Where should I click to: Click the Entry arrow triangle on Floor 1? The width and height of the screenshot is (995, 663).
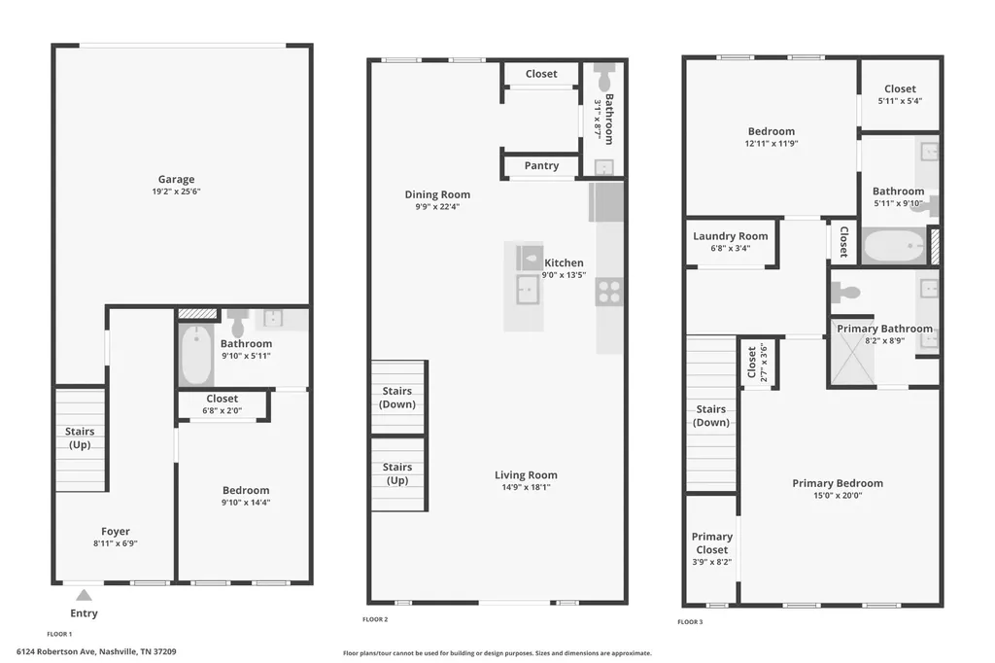click(84, 595)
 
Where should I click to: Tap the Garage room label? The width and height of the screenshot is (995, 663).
click(177, 179)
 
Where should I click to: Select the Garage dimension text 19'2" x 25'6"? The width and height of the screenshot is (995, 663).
click(177, 192)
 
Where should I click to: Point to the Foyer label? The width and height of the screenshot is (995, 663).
click(116, 532)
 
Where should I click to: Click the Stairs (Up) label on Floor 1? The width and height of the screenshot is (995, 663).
click(80, 438)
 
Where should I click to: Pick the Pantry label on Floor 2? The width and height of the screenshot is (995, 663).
click(541, 165)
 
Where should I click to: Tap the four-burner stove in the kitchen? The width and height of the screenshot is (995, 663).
click(609, 292)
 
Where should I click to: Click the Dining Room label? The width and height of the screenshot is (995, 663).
click(438, 194)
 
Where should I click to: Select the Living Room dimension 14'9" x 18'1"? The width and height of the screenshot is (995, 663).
click(526, 487)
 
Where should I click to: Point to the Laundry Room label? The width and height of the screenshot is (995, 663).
click(731, 236)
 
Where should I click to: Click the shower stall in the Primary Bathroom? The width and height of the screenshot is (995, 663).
click(853, 353)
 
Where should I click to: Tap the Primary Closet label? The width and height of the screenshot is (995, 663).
click(712, 543)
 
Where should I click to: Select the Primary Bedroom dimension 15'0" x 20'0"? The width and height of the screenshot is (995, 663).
click(838, 496)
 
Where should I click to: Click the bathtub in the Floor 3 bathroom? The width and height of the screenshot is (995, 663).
click(894, 246)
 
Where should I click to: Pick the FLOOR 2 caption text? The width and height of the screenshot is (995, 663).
click(375, 619)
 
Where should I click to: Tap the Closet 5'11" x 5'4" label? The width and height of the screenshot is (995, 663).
click(900, 94)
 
